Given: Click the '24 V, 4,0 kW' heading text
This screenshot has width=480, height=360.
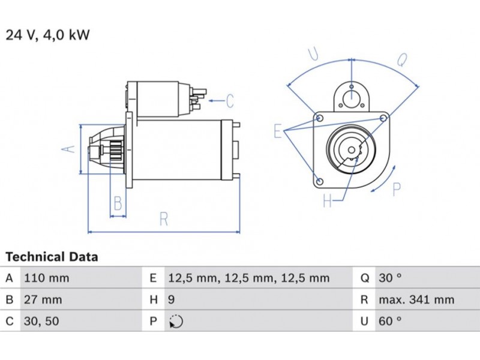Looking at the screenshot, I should (47, 35).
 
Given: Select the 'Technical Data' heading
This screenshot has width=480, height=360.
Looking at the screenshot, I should (52, 257).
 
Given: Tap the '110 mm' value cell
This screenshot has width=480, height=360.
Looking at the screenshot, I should (46, 278).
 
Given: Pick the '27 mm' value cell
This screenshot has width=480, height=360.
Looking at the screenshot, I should (42, 299).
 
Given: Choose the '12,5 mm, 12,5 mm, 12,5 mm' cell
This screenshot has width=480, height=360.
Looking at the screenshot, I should (248, 278).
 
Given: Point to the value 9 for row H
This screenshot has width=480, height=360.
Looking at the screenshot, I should (171, 299).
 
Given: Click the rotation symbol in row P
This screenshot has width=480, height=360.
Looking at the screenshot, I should (175, 321).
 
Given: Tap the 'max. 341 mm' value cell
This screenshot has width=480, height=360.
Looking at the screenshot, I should (416, 299).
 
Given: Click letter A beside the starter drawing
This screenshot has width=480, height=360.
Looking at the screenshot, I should (69, 148).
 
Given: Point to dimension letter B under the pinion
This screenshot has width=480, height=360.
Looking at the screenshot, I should (118, 204).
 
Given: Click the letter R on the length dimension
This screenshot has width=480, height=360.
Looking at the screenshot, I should (163, 220).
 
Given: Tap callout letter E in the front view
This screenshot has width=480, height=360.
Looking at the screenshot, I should (278, 130).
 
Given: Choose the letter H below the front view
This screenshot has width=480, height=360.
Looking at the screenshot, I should (327, 201).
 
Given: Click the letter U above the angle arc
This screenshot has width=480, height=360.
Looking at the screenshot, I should (313, 54).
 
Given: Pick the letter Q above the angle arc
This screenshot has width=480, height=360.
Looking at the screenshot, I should (402, 59).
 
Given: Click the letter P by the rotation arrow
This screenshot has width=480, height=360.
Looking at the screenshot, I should (396, 190).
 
